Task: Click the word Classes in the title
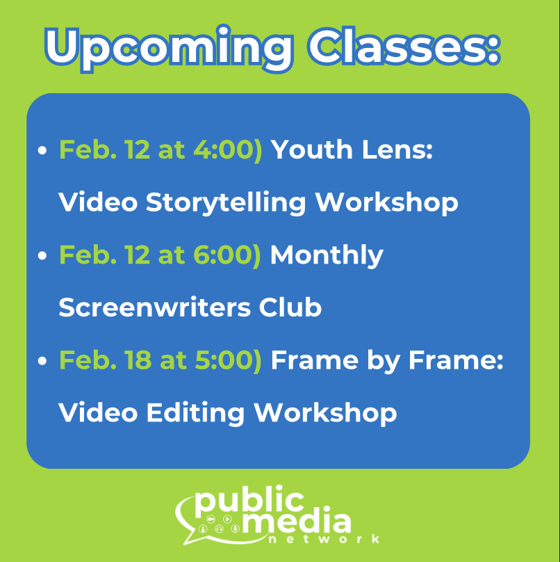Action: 403,47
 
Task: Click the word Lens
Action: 399,150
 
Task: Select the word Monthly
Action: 326,255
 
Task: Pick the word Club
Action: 292,307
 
